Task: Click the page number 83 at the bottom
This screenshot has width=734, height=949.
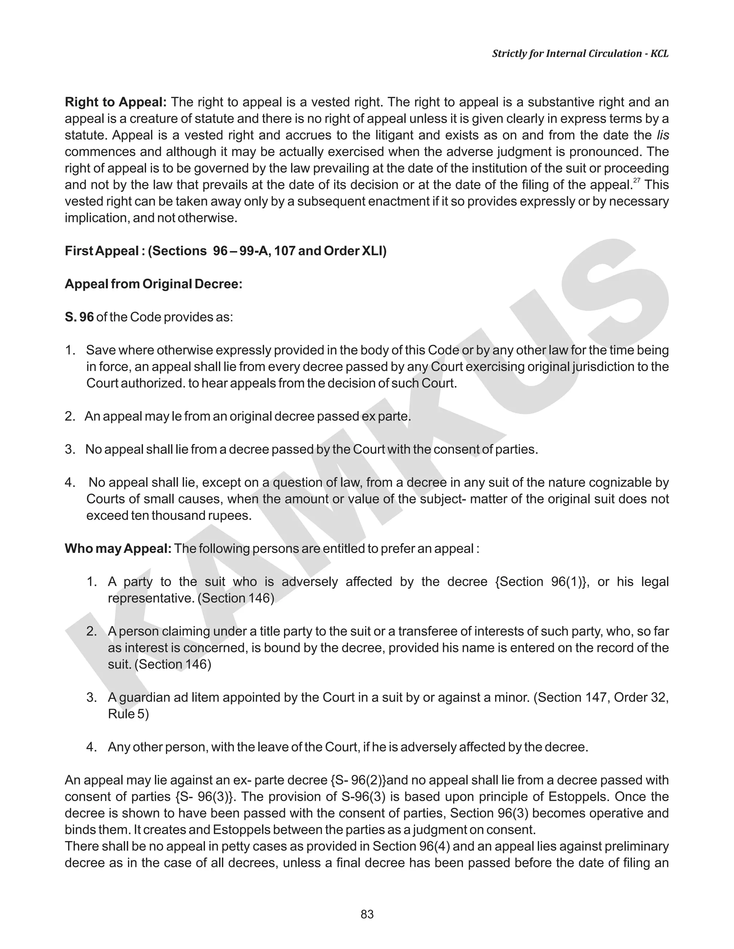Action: (x=367, y=914)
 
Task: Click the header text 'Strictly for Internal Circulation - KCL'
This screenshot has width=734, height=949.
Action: (x=580, y=53)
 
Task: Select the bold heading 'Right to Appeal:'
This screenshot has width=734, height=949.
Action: (x=116, y=102)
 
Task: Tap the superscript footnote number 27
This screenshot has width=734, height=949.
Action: (x=637, y=181)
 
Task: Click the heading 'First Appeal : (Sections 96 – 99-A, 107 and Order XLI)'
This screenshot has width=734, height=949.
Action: (x=225, y=251)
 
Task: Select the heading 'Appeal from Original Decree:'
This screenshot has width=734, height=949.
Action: (x=153, y=284)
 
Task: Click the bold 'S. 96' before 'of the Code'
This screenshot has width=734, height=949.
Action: (x=79, y=317)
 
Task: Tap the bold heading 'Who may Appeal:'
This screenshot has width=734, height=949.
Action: (x=118, y=549)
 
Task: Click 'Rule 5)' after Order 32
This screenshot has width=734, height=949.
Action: (x=128, y=714)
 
